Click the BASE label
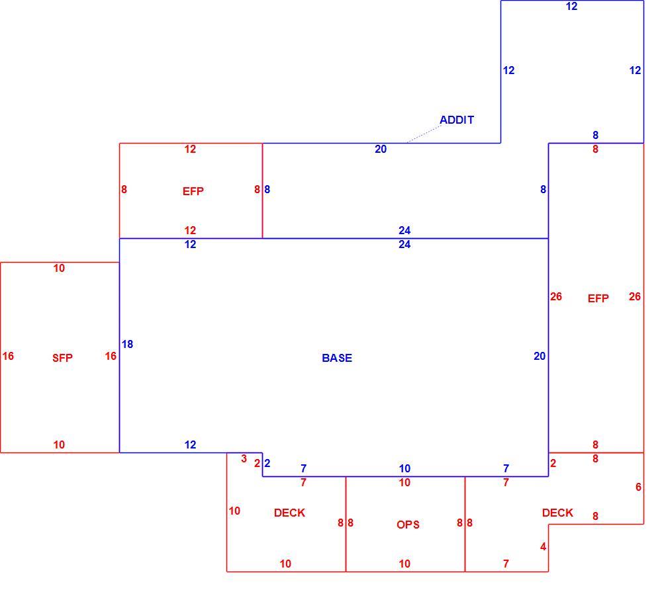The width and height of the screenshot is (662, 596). pyautogui.click(x=337, y=358)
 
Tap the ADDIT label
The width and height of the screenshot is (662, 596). pyautogui.click(x=457, y=120)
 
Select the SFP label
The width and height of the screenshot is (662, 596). pyautogui.click(x=62, y=358)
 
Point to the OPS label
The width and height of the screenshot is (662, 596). pyautogui.click(x=408, y=525)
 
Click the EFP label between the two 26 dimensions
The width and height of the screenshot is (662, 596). pyautogui.click(x=598, y=298)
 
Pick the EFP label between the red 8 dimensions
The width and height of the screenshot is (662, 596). pyautogui.click(x=193, y=191)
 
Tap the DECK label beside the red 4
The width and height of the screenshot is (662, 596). pyautogui.click(x=557, y=513)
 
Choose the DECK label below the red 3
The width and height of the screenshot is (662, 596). pyautogui.click(x=290, y=513)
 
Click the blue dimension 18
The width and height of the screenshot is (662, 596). pyautogui.click(x=128, y=345)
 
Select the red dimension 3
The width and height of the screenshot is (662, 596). pyautogui.click(x=244, y=459)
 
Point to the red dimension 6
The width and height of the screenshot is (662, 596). pyautogui.click(x=638, y=487)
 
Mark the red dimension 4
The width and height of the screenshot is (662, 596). pyautogui.click(x=543, y=547)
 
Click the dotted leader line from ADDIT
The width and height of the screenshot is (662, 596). pyautogui.click(x=424, y=134)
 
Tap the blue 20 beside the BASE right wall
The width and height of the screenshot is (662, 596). pyautogui.click(x=540, y=357)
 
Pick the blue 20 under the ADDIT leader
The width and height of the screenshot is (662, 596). pyautogui.click(x=381, y=149)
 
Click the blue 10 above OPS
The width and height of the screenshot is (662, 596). pyautogui.click(x=404, y=468)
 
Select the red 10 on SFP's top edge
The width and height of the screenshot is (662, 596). pyautogui.click(x=59, y=269)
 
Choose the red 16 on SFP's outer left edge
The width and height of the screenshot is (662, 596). pyautogui.click(x=8, y=357)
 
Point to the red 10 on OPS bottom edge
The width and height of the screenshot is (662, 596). pyautogui.click(x=404, y=564)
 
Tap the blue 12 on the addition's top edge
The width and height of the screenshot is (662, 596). pyautogui.click(x=572, y=7)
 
